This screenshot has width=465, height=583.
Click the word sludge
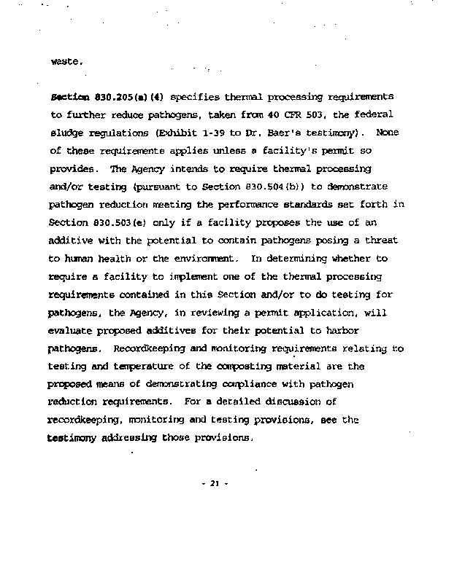click(66, 133)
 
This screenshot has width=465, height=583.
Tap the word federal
click(372, 114)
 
